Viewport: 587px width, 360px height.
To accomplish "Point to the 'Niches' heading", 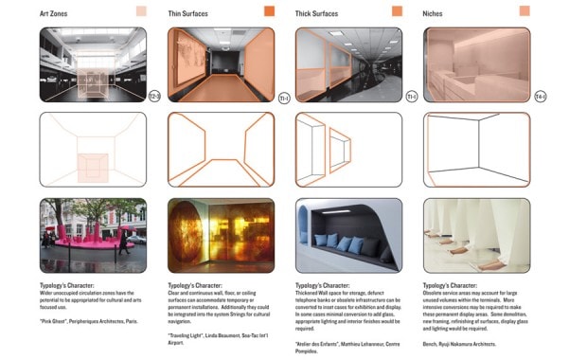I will [x=436, y=12].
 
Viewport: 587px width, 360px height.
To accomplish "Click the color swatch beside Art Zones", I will [x=141, y=11].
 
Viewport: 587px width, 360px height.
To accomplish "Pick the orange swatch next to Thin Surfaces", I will [x=269, y=11].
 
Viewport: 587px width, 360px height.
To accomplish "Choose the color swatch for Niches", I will [x=524, y=11].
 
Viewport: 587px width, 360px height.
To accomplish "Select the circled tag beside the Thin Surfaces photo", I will [x=283, y=97].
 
